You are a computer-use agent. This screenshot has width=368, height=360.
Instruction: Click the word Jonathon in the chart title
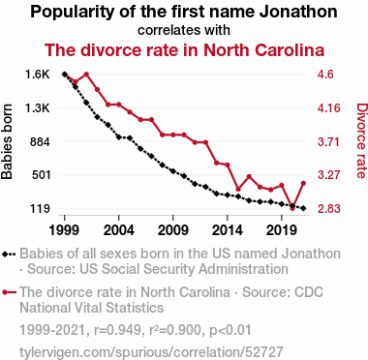(x=298, y=12)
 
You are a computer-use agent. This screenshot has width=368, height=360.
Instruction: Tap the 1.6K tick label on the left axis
(x=38, y=75)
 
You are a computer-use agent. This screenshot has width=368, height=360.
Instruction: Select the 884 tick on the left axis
(x=41, y=141)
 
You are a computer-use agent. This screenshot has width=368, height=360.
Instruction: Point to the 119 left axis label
(x=41, y=209)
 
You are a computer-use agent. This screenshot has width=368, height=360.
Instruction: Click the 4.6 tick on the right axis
(x=325, y=75)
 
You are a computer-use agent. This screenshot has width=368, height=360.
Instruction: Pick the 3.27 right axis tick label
(x=328, y=175)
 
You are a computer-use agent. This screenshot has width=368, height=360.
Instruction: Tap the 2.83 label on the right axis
(x=328, y=209)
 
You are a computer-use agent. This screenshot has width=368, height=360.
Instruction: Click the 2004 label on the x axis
(x=119, y=230)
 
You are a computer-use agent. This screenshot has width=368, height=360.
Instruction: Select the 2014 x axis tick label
(x=228, y=230)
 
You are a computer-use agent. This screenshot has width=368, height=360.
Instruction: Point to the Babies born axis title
(x=7, y=141)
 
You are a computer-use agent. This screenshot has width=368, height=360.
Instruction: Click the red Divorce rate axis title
(x=361, y=140)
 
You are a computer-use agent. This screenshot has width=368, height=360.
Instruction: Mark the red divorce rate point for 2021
(x=303, y=184)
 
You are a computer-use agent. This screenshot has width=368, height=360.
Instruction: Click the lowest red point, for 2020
(x=292, y=208)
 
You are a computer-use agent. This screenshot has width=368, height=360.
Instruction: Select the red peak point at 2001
(x=86, y=75)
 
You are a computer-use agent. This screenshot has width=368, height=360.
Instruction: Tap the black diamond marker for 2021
(x=303, y=208)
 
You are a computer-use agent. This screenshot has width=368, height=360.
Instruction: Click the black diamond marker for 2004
(x=119, y=137)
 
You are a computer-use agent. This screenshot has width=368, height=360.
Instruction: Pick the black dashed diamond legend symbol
(x=9, y=254)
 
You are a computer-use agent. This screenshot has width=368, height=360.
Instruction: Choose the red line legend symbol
(x=9, y=292)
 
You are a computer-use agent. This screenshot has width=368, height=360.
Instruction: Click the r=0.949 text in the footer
(x=117, y=330)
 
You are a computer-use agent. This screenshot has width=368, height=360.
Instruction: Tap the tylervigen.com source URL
(x=151, y=352)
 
